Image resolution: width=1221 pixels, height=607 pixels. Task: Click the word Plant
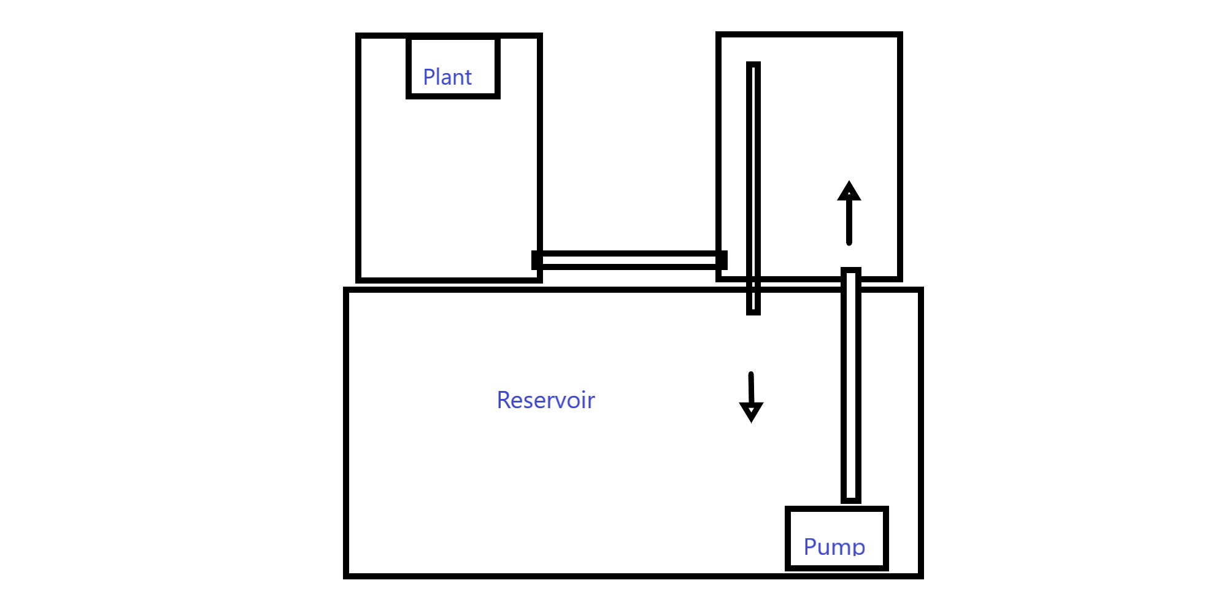[447, 77]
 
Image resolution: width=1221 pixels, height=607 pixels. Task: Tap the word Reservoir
[545, 400]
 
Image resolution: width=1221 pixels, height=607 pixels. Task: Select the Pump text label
[834, 546]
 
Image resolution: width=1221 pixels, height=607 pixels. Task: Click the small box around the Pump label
[837, 508]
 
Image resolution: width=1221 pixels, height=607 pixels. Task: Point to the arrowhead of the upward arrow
[849, 190]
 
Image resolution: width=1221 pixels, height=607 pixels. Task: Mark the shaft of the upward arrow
[849, 222]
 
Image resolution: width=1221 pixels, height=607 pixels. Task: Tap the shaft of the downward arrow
[751, 388]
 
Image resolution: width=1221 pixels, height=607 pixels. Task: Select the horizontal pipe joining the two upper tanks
[630, 260]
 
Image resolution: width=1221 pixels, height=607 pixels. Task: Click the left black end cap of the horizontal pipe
[537, 260]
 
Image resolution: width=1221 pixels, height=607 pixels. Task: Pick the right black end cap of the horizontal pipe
[722, 260]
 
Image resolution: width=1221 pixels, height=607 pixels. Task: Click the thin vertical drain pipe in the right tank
[753, 188]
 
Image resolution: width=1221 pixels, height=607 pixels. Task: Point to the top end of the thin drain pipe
[753, 63]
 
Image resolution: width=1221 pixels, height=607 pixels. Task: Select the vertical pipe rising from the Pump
[851, 385]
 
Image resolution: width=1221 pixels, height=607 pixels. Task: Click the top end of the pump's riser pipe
[851, 269]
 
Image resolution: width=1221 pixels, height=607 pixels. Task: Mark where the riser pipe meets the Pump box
[851, 505]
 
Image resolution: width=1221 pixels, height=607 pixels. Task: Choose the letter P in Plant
[429, 77]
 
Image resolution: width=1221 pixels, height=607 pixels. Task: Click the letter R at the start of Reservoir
[504, 400]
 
